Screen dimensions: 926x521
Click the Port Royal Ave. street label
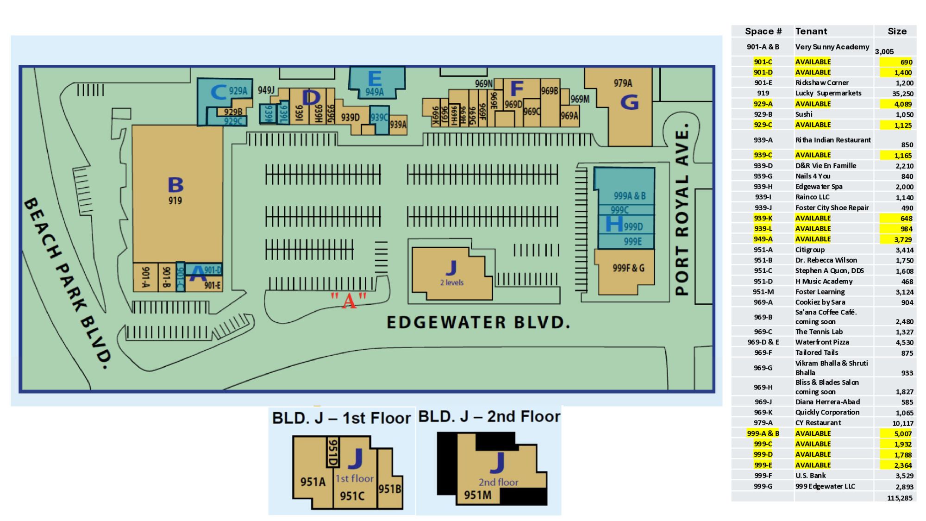pos(682,209)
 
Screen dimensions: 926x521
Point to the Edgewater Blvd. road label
pos(478,322)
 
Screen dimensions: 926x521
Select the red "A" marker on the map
pos(349,301)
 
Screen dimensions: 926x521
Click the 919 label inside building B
pos(175,201)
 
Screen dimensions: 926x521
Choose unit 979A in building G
pos(623,83)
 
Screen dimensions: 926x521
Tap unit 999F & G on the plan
pos(628,268)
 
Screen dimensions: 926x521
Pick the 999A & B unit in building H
pos(629,196)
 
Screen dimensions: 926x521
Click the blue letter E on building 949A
pos(374,78)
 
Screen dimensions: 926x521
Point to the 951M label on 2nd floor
pos(478,495)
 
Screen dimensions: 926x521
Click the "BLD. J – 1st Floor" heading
pos(341,418)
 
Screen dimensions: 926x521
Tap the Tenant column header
pos(811,31)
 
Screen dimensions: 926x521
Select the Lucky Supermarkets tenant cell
pos(828,93)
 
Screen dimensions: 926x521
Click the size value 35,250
pos(902,94)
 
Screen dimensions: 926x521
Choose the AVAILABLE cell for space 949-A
pos(813,239)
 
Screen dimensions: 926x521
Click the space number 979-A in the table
pos(763,422)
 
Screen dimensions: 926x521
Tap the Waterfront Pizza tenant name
pos(822,342)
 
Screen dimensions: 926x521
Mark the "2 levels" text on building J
pos(451,282)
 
